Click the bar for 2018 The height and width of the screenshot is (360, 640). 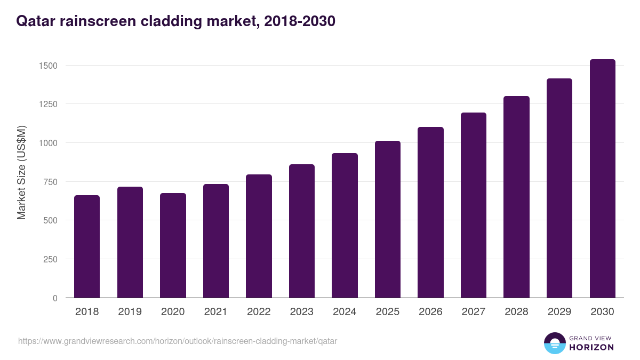[87, 246]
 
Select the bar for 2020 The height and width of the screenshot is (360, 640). [173, 245]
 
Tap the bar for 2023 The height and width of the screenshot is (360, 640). [302, 231]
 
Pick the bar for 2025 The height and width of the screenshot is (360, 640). [388, 219]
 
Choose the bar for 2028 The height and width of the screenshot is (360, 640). [516, 197]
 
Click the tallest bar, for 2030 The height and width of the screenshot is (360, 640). [602, 179]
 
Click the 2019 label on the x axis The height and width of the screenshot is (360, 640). [130, 312]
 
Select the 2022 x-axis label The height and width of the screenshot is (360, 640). [259, 312]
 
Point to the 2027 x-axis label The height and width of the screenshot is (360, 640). [473, 312]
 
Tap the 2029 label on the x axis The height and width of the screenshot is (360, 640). [559, 312]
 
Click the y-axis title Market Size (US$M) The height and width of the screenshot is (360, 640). [21, 172]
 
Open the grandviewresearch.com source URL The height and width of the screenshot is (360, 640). [178, 341]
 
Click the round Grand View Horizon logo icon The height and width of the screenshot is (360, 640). [554, 343]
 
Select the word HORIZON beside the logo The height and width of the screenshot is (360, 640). [591, 347]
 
